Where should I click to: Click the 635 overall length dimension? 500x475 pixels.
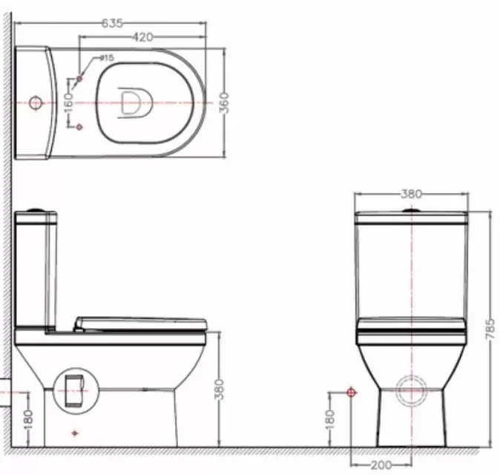pyautogui.click(x=112, y=23)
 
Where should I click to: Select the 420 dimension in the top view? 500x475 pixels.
pyautogui.click(x=142, y=37)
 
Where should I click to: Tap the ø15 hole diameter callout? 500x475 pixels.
pyautogui.click(x=107, y=58)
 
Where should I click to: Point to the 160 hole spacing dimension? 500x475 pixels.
pyautogui.click(x=68, y=102)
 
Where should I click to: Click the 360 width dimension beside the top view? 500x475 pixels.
pyautogui.click(x=225, y=102)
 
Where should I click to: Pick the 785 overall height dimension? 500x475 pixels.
pyautogui.click(x=490, y=329)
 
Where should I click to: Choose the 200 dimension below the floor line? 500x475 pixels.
pyautogui.click(x=381, y=465)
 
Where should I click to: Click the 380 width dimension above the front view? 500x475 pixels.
pyautogui.click(x=411, y=194)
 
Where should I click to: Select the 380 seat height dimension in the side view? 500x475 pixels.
pyautogui.click(x=220, y=389)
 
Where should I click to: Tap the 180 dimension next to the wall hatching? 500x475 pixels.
pyautogui.click(x=28, y=419)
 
